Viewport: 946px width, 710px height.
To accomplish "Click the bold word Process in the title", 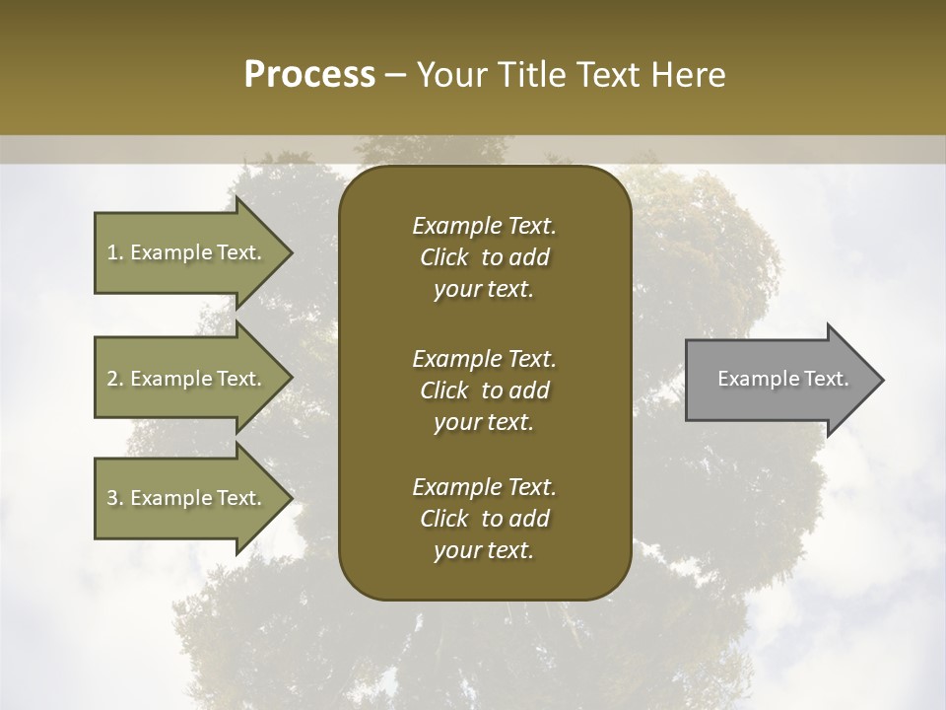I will click(x=309, y=75).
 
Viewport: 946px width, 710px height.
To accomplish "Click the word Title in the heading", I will click(x=532, y=75).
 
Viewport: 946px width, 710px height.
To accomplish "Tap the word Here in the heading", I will click(x=686, y=75).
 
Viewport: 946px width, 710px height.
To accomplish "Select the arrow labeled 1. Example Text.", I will click(x=187, y=252).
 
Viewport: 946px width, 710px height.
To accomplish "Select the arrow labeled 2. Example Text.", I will click(x=187, y=379).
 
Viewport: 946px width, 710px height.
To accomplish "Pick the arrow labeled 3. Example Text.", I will click(x=187, y=498).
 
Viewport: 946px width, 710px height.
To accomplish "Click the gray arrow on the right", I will click(x=778, y=380).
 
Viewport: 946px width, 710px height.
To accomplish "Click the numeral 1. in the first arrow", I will click(x=114, y=252).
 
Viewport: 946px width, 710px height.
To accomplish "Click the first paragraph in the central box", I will click(x=484, y=257).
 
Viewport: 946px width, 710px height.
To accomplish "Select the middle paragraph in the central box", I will click(x=484, y=390).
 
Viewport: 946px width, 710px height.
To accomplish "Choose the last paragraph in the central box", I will click(x=484, y=519).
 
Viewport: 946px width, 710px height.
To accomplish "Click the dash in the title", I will click(x=396, y=76).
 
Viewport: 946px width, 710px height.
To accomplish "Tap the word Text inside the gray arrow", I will click(x=827, y=379).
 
